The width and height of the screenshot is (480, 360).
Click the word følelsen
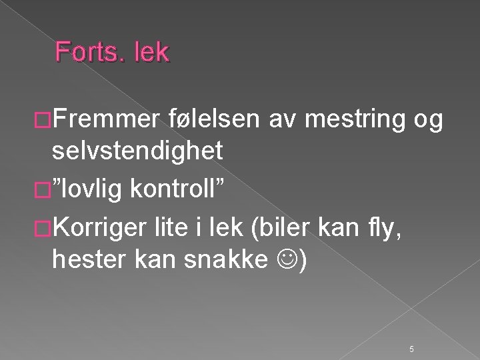(x=212, y=120)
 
